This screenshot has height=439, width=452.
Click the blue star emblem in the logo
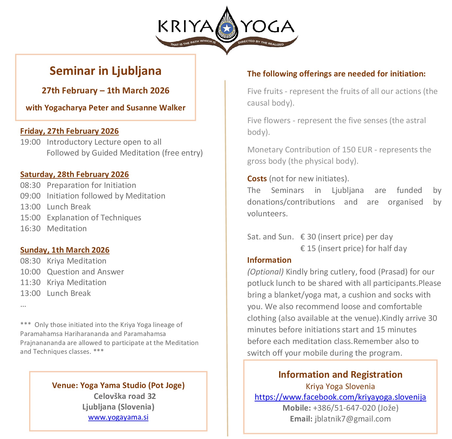point(227,28)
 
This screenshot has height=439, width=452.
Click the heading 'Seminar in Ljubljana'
point(105,71)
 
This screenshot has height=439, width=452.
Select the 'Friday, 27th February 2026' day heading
point(69,131)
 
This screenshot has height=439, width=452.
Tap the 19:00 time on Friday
point(30,142)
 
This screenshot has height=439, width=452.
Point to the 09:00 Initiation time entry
point(30,196)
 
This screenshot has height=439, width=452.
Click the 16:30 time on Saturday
point(30,229)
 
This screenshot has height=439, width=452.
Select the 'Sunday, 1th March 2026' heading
point(65,250)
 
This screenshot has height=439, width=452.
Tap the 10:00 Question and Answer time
point(30,272)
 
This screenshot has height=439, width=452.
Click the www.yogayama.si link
point(118,417)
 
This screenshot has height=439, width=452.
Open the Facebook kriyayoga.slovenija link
point(340,397)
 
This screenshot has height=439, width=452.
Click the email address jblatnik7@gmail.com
point(353,419)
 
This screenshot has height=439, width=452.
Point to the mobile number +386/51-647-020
point(344,408)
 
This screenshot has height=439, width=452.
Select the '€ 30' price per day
point(308,237)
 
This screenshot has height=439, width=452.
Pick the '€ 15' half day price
point(308,248)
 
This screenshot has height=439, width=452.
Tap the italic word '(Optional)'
point(265,272)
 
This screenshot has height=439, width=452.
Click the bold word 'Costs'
point(257,179)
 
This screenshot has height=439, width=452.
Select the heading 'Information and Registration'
point(340,375)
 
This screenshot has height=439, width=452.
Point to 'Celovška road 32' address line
point(125,396)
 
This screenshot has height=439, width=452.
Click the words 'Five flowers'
point(269,120)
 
